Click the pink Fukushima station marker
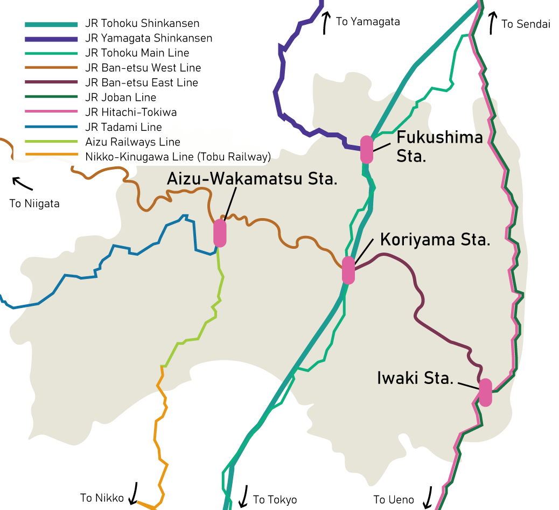point(367,150)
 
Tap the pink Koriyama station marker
point(348,270)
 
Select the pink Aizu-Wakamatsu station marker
point(220,233)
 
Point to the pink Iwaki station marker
point(485,393)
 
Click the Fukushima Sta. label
point(439,146)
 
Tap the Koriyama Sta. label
point(435,240)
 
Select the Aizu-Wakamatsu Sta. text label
point(252,179)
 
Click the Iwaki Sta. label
point(415,378)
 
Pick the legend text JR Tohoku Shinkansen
point(142,24)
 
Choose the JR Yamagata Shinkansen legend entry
point(149,38)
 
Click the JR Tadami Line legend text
point(123,127)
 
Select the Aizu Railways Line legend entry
point(132,142)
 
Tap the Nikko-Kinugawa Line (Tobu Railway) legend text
point(178,157)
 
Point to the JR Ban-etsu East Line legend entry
point(142,82)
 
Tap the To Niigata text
point(34,204)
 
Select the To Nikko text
point(102,498)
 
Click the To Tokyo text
point(275,500)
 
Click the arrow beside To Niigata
point(22,183)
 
